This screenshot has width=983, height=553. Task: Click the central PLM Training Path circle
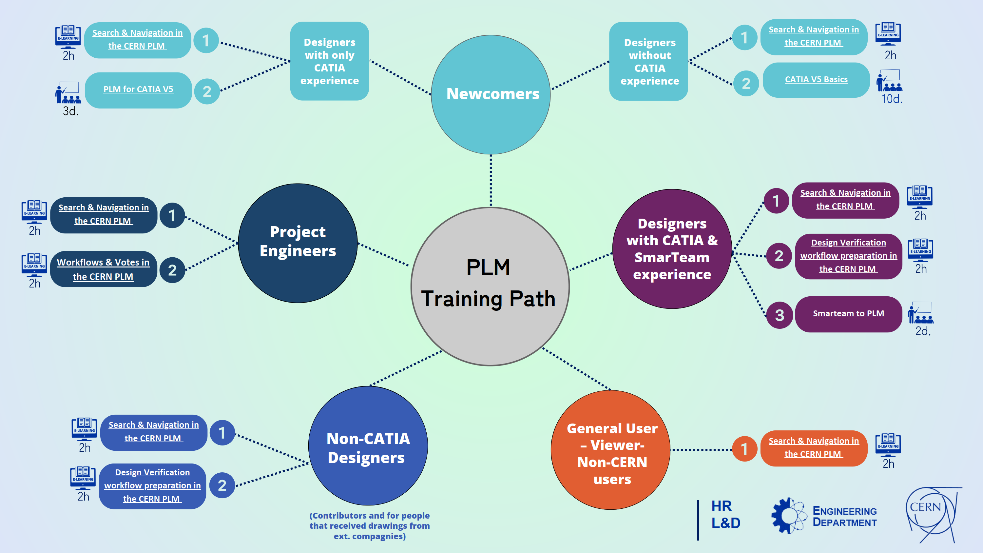[490, 286]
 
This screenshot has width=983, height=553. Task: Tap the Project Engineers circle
[298, 243]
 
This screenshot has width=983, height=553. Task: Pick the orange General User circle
[610, 450]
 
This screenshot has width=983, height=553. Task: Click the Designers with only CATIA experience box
[329, 61]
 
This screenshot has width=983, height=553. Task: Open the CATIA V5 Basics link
[816, 79]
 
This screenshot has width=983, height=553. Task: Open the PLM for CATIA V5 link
[138, 89]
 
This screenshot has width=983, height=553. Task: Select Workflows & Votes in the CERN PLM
[103, 269]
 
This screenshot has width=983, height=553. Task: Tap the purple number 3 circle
[779, 315]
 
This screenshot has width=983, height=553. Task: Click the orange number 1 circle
[744, 449]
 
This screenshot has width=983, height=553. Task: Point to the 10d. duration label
[891, 99]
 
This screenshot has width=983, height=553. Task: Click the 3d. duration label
[70, 111]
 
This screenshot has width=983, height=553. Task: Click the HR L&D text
[725, 514]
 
